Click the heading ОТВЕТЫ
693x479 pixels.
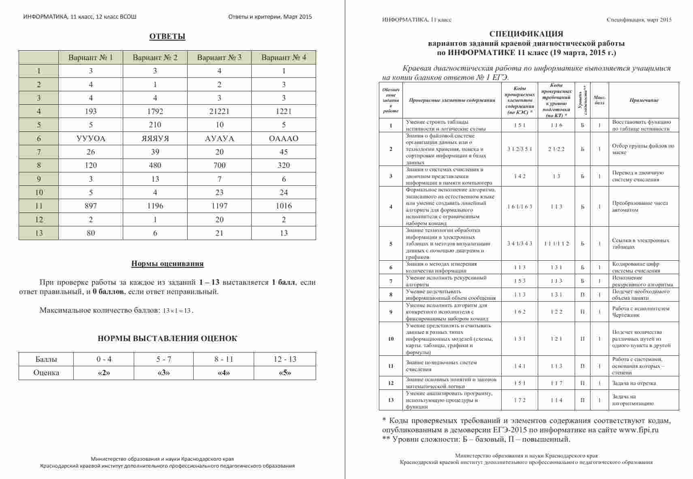(167, 37)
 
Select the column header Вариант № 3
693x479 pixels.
(219, 58)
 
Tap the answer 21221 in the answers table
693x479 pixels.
(219, 112)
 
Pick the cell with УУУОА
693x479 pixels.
(91, 139)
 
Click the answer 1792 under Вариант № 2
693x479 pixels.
(155, 112)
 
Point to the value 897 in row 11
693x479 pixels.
(91, 206)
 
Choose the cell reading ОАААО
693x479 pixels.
(284, 139)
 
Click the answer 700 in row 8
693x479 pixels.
(219, 165)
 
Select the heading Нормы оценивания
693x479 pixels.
(167, 264)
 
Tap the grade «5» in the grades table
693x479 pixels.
(285, 373)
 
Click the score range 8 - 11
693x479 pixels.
(224, 359)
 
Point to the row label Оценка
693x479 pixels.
(46, 373)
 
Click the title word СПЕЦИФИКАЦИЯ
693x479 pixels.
(526, 34)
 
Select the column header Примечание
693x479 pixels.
(644, 100)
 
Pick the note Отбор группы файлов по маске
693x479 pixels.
(643, 149)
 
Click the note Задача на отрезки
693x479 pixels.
(634, 383)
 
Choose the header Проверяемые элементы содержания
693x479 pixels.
(452, 100)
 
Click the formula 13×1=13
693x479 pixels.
(177, 311)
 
